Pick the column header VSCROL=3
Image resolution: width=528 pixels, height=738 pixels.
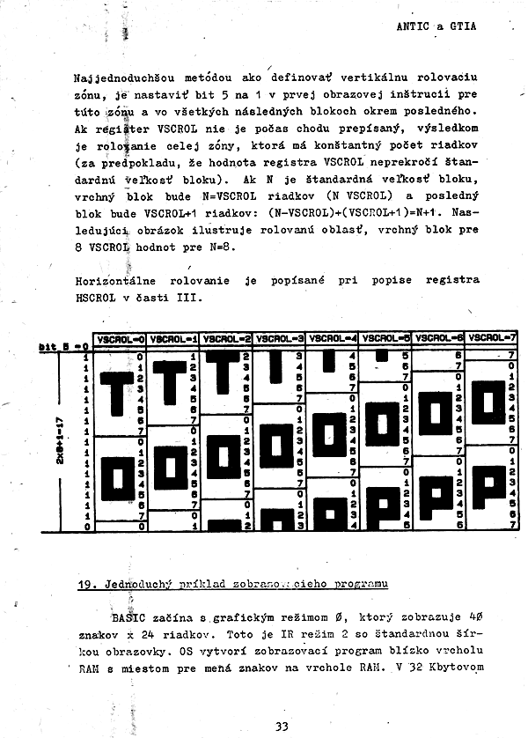coord(280,338)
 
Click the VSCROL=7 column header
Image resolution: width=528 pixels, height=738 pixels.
coord(491,337)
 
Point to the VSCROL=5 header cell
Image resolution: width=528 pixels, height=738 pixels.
coord(385,337)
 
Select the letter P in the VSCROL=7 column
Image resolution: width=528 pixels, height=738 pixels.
coord(488,490)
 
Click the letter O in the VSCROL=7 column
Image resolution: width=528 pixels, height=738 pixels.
coord(488,405)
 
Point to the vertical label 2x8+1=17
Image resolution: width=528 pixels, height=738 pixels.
coord(59,437)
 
